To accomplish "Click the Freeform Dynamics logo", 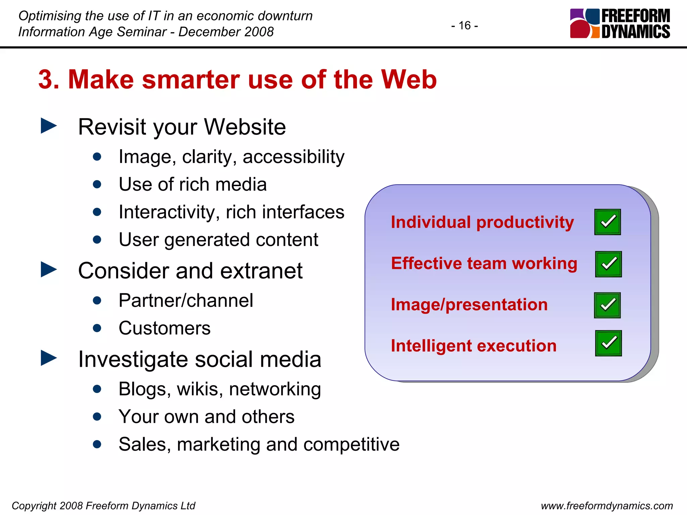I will coord(620,23).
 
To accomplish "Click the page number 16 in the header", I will coord(465,25).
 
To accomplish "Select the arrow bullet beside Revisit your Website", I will coord(49,126).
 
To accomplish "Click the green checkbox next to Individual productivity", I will coord(607,222).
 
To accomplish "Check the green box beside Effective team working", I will coord(608,264).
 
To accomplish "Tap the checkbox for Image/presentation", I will coord(607,305).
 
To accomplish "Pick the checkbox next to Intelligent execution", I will coord(608,343).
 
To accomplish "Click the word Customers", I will coord(164,328).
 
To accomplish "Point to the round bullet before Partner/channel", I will coord(97,300).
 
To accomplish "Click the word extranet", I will coord(261,271).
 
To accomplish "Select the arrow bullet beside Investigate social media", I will coord(49,358).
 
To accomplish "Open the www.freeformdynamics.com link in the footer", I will coord(606,506).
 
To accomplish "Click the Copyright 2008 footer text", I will coord(103,506).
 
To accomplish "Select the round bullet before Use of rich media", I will coord(97,184).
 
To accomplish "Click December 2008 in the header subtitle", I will coord(226,32).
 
